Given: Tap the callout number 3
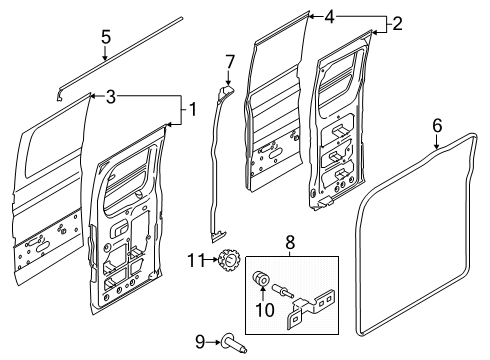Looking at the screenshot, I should [112, 96].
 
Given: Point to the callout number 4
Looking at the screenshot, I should [329, 16].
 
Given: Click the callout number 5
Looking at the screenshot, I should [106, 39].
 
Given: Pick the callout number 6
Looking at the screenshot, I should [436, 125].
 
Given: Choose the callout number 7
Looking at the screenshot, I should [228, 62].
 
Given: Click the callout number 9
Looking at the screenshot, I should [198, 342].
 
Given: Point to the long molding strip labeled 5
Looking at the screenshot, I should [120, 54].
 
